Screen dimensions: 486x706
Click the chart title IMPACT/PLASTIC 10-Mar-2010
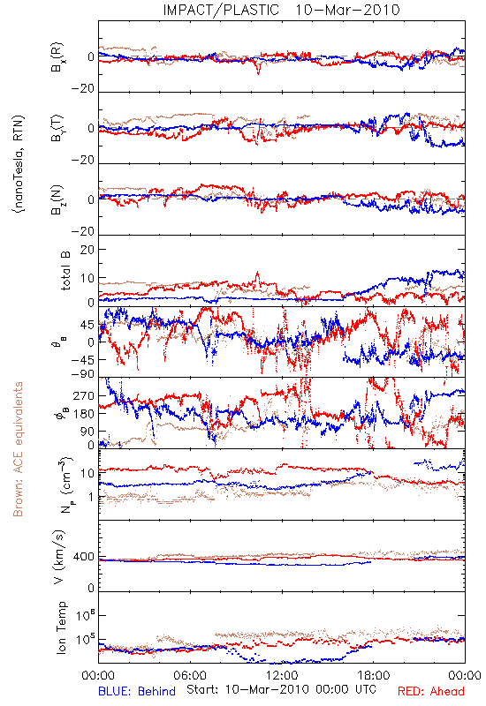pyautogui.click(x=281, y=10)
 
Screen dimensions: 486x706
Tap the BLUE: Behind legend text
pyautogui.click(x=137, y=691)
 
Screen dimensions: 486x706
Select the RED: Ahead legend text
pyautogui.click(x=430, y=691)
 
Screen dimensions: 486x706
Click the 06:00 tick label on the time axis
pyautogui.click(x=190, y=675)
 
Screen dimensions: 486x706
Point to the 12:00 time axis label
pyautogui.click(x=282, y=675)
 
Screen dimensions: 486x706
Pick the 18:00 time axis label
pyautogui.click(x=374, y=675)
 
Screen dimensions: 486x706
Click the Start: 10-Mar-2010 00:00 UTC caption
pyautogui.click(x=281, y=689)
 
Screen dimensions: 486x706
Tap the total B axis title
pyautogui.click(x=65, y=271)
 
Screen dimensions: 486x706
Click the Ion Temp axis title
pyautogui.click(x=61, y=627)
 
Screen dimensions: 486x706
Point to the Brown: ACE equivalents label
pyautogui.click(x=18, y=449)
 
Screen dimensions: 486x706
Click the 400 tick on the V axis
pyautogui.click(x=83, y=557)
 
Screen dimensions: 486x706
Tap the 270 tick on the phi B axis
pyautogui.click(x=83, y=395)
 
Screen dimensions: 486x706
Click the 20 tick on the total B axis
pyautogui.click(x=87, y=250)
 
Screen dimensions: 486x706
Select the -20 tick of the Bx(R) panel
pyautogui.click(x=82, y=89)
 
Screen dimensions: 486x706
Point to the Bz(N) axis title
pyautogui.click(x=57, y=199)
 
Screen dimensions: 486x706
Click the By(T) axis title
pyautogui.click(x=57, y=128)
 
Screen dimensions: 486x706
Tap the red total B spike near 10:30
pyautogui.click(x=257, y=278)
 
